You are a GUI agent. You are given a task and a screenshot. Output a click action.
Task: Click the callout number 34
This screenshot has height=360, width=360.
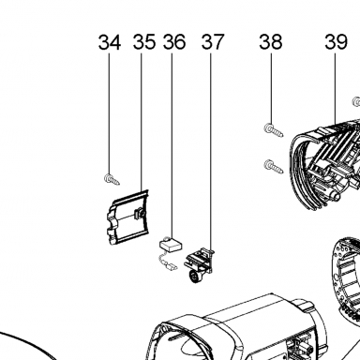[x=110, y=42]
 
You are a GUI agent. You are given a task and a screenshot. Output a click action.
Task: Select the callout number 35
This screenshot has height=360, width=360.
[x=144, y=42]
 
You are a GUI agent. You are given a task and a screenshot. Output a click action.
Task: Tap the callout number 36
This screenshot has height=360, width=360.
[x=174, y=42]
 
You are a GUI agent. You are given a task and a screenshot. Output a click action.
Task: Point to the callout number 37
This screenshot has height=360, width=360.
[x=213, y=42]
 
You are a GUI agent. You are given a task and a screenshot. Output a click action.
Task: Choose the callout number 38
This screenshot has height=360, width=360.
[x=271, y=42]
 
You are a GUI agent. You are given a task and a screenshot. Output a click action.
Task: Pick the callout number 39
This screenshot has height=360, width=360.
[x=336, y=42]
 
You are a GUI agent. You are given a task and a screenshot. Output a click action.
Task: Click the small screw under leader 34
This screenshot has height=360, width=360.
[x=112, y=179]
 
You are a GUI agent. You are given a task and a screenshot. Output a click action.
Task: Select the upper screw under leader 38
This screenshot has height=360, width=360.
[x=274, y=130]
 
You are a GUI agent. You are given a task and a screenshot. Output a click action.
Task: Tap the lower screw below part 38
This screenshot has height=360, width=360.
[x=274, y=166]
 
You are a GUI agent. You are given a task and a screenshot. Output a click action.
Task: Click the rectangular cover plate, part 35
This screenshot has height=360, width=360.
[x=127, y=217]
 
